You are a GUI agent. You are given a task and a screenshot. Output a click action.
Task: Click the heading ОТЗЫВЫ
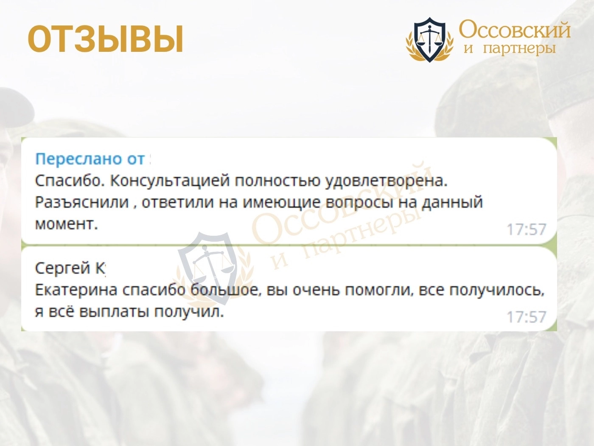click(x=106, y=39)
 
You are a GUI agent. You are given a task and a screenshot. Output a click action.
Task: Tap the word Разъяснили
click(x=82, y=203)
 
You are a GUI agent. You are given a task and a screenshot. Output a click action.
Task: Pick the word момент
click(x=66, y=224)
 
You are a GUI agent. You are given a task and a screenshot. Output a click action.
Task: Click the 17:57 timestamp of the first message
click(x=527, y=230)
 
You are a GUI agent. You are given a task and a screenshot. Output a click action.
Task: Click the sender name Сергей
click(x=62, y=268)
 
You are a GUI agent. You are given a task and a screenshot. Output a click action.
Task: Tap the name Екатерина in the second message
click(x=76, y=290)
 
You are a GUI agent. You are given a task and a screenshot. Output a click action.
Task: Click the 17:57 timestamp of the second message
click(x=527, y=317)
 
